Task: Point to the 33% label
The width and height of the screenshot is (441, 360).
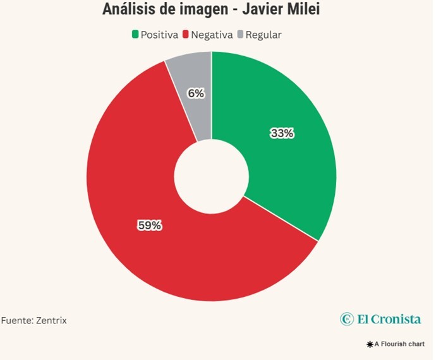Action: (282, 133)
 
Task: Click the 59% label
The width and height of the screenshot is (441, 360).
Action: (150, 225)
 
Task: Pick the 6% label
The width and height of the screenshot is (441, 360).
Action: (196, 93)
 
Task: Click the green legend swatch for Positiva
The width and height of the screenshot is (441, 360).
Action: (135, 35)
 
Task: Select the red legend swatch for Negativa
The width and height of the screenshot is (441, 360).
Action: (186, 35)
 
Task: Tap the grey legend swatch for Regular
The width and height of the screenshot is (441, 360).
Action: (240, 35)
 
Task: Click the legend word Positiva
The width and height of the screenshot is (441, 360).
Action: (159, 35)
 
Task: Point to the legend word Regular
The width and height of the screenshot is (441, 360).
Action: (263, 35)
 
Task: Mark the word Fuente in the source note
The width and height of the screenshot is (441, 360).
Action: (16, 321)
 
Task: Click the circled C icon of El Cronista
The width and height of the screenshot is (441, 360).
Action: (347, 319)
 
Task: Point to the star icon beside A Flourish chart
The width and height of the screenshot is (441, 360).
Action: (370, 344)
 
